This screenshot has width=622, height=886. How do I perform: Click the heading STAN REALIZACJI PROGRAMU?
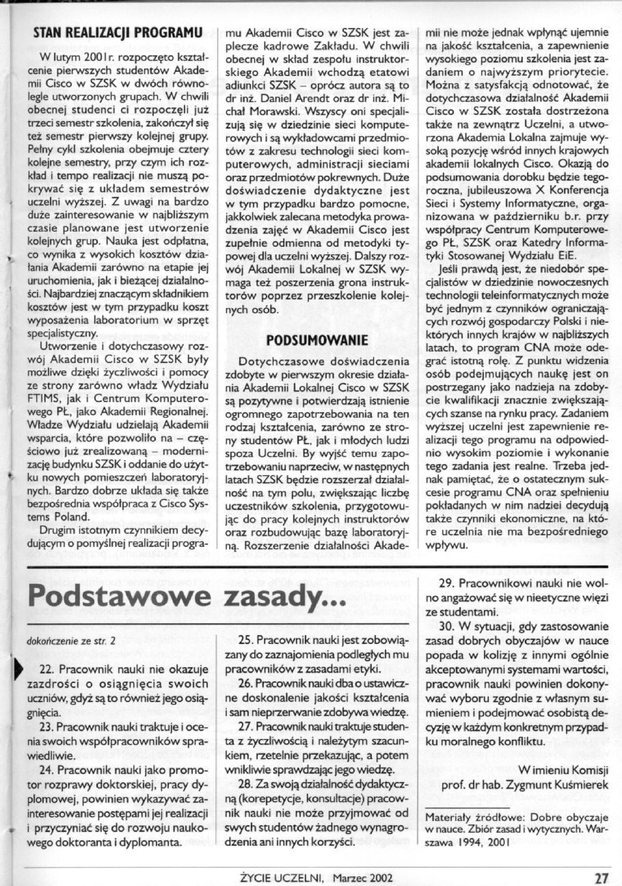tap(118, 31)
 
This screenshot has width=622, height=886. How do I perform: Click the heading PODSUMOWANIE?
tap(317, 339)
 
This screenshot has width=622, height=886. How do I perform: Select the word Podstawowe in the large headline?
tap(118, 602)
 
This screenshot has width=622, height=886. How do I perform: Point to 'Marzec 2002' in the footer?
tap(364, 875)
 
